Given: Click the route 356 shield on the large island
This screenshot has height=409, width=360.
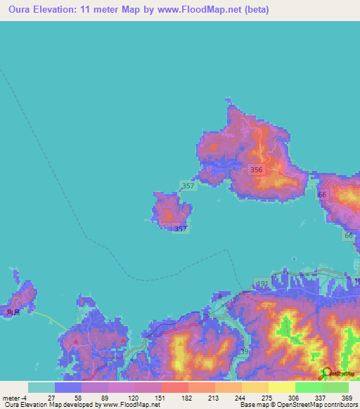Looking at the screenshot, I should [257, 169].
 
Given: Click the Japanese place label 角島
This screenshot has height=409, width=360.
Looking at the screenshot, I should [11, 312].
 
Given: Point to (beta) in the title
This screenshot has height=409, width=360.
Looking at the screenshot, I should [252, 11].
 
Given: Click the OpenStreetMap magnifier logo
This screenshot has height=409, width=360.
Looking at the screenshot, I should [325, 374].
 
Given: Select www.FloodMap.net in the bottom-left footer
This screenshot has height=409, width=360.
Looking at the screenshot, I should [132, 405].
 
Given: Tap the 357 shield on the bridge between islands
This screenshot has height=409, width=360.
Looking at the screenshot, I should [187, 186].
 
